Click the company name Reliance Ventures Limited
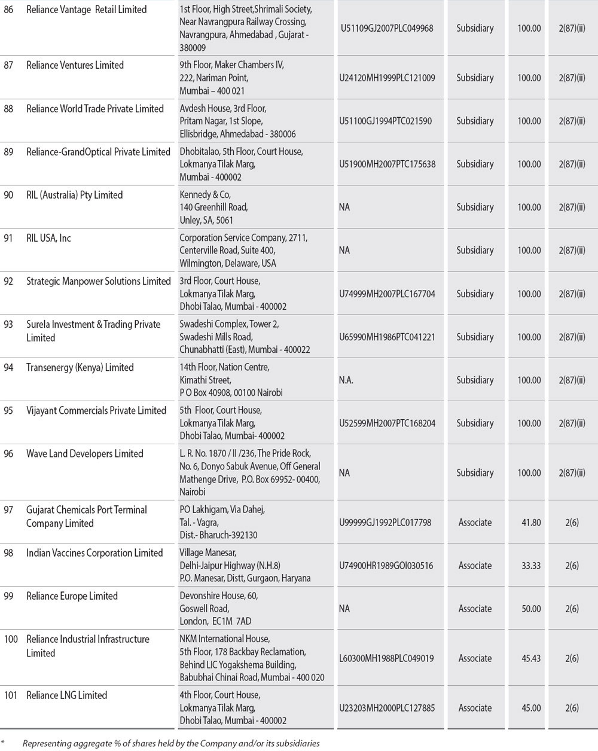tap(75, 65)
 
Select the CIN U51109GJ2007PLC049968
tap(386, 28)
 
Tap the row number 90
tap(9, 195)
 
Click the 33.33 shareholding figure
tap(530, 566)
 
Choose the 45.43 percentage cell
tap(530, 658)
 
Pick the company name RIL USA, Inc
tap(48, 238)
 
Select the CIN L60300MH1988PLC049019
tap(386, 658)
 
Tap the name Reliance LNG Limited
tap(66, 695)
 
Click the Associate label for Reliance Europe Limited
tap(475, 609)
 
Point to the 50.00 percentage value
tap(530, 609)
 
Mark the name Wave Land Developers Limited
tap(84, 454)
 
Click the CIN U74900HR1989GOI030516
tap(386, 566)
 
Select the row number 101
tap(11, 695)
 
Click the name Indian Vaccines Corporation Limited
tap(94, 553)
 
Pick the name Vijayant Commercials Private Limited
tap(96, 411)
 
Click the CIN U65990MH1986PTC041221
tap(386, 337)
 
